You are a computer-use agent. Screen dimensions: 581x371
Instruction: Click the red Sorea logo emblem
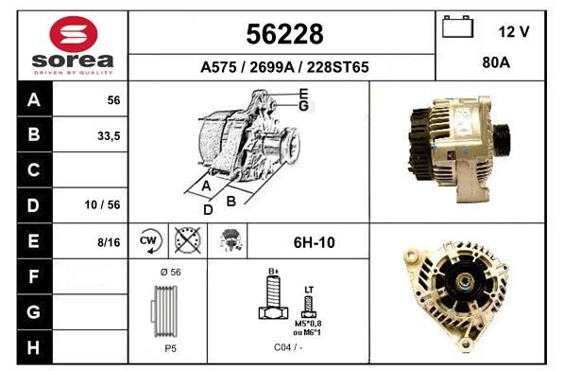(74, 34)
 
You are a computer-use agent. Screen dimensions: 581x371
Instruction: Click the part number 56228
(284, 34)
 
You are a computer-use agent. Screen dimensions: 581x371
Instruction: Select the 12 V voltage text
(514, 32)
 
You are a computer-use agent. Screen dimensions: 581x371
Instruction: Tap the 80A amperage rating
(496, 62)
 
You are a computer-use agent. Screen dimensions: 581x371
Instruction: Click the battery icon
(457, 26)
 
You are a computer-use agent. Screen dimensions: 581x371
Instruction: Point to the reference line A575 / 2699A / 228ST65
(284, 67)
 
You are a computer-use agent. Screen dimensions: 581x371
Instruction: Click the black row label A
(34, 100)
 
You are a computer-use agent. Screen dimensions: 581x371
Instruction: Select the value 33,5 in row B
(109, 136)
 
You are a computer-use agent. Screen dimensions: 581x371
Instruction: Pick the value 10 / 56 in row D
(102, 204)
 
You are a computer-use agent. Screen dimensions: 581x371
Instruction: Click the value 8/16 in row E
(109, 242)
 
